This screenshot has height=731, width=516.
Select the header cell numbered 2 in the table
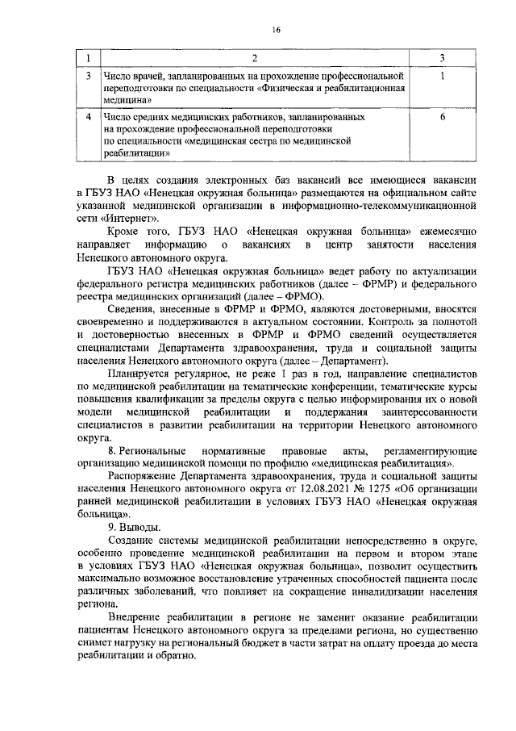click(256, 59)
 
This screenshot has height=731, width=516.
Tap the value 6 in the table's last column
click(443, 117)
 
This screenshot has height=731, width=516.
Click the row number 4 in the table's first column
click(88, 117)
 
